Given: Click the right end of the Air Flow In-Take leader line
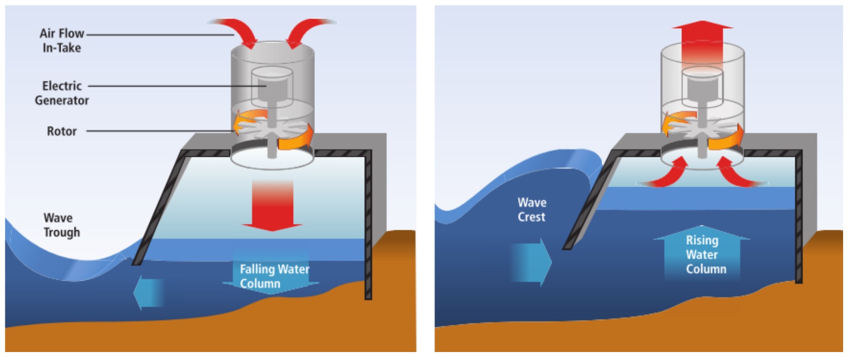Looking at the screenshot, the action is click(234, 35).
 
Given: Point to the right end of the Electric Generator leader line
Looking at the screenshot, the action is click(266, 86).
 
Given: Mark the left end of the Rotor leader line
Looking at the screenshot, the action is click(87, 131).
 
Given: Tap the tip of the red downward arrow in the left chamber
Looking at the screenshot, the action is click(272, 230).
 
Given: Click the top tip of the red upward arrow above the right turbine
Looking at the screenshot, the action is click(702, 21).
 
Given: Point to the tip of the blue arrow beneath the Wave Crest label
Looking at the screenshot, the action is click(552, 262).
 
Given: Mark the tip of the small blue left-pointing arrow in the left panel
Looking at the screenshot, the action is click(134, 293).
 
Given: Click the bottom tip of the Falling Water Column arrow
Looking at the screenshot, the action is click(271, 295).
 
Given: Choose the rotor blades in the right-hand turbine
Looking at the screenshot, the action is click(702, 129).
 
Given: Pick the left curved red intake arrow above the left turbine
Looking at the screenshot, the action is click(235, 31).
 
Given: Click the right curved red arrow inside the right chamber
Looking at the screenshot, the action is click(738, 173).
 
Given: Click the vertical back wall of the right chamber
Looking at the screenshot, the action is click(799, 217).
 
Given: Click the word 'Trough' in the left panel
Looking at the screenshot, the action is click(62, 232).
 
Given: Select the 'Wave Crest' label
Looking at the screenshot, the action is click(532, 210).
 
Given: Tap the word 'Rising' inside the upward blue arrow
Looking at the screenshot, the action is click(702, 240).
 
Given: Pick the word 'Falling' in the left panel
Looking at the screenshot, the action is click(258, 269).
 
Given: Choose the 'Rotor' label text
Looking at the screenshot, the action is click(62, 131).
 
